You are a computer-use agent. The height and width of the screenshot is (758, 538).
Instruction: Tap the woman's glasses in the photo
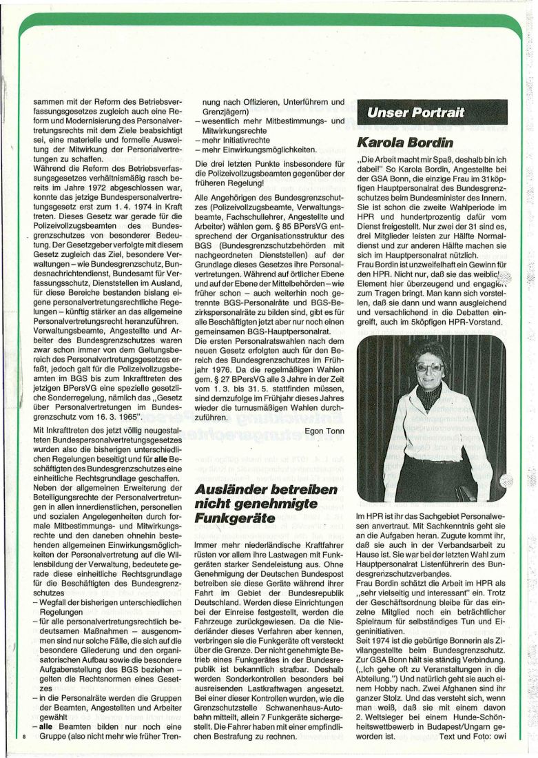coord(428,368)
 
